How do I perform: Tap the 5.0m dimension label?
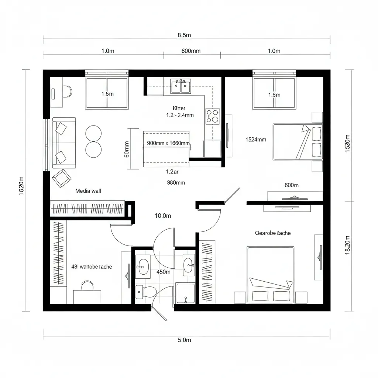(184, 340)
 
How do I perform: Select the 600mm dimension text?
(191, 51)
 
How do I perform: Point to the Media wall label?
(88, 191)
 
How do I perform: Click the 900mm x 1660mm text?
(168, 143)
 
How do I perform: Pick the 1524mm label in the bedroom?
(255, 140)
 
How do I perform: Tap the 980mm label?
(176, 182)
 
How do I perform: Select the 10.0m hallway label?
(163, 216)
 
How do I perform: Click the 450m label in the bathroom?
(164, 272)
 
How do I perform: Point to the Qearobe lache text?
(273, 233)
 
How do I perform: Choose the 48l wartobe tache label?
(91, 267)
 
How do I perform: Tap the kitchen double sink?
(181, 86)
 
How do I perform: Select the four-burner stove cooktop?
(212, 115)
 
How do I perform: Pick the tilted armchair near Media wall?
(62, 178)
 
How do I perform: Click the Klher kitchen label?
(179, 108)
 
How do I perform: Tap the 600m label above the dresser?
(291, 185)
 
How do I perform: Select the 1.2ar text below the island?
(172, 171)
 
